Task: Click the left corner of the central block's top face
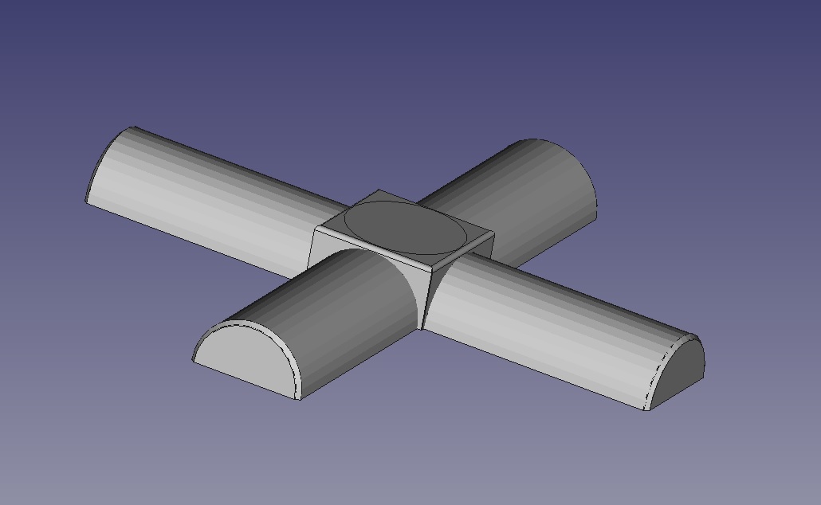pos(316,229)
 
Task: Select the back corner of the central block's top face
pos(378,190)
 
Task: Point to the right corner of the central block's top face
pos(493,233)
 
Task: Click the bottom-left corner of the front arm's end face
pos(193,359)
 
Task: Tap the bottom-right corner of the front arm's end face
pos(300,399)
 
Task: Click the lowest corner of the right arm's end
pos(648,410)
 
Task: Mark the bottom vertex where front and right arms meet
pos(422,328)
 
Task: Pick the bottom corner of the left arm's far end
pos(86,200)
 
